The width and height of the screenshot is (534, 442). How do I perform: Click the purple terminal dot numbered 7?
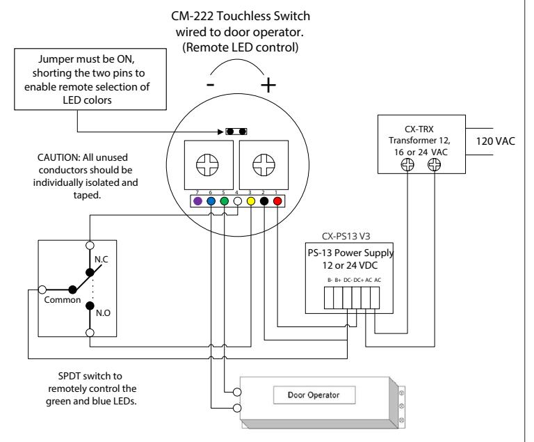pos(197,201)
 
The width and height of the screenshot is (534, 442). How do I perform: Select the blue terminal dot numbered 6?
pos(211,201)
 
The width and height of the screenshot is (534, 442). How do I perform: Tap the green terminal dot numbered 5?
pos(224,201)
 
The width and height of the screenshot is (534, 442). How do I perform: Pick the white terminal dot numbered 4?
pos(237,201)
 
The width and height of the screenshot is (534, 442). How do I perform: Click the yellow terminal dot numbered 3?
pos(250,201)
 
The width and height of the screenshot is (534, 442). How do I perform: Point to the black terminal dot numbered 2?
pos(264,201)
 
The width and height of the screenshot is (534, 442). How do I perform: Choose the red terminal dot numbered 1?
pos(277,201)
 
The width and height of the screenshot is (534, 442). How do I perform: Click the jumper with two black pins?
pos(236,132)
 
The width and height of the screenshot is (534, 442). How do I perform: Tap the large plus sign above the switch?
pos(268,85)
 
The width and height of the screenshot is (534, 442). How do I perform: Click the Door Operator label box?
pos(314,395)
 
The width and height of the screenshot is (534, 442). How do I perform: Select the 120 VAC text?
pos(495,141)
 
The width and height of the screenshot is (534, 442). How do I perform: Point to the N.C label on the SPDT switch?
pos(101,259)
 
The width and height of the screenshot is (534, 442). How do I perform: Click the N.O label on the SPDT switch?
pos(103,313)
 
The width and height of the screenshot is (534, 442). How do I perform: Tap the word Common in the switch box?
pos(63,300)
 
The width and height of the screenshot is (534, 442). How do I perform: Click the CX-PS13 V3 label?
pos(346,236)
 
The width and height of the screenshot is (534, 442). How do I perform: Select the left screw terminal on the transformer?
pos(407,165)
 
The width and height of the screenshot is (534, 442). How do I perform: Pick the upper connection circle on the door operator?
pos(237,392)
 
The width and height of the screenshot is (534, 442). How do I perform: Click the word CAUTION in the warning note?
pos(58,157)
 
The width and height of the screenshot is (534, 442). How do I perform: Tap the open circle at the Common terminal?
pos(42,290)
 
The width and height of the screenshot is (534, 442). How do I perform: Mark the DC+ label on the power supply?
pos(359,280)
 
